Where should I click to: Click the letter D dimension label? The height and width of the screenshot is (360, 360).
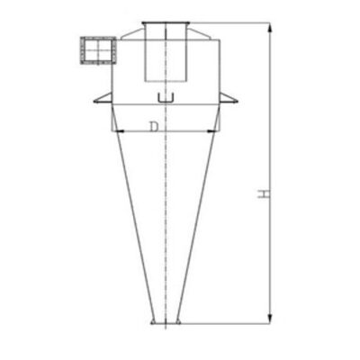click(154, 127)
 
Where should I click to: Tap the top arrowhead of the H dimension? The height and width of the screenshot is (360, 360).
click(270, 29)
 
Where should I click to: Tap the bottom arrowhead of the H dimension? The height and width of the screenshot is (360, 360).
click(270, 318)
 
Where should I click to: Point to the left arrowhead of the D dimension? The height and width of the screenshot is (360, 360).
click(120, 131)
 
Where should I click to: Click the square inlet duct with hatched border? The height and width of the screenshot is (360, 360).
click(98, 50)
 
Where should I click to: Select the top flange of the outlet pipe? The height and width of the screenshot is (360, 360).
click(166, 23)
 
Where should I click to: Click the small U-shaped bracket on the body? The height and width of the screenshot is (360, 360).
click(166, 99)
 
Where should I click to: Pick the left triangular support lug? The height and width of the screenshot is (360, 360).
click(103, 99)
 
